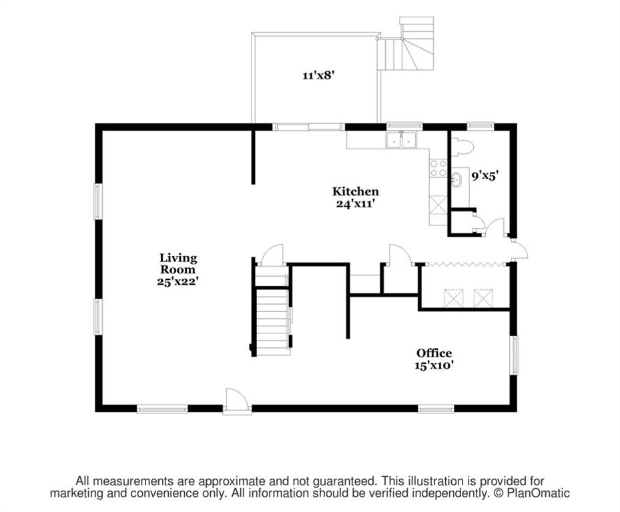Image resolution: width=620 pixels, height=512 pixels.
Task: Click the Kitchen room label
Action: point(355,191)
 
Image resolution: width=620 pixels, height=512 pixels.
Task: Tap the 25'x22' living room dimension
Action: point(177,282)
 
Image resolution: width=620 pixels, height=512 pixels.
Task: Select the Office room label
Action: point(434,353)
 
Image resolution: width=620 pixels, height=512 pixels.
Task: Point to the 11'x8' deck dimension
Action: point(319,75)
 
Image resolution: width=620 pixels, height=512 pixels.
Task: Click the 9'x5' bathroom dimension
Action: point(484,176)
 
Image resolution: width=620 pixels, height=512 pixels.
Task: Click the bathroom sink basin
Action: point(456,180)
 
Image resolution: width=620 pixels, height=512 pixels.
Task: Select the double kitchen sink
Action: point(401,140)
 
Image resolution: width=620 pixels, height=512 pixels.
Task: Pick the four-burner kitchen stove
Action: point(438,168)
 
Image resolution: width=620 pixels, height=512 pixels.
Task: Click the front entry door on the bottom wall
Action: point(237,401)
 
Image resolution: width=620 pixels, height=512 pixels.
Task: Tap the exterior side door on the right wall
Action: point(520,250)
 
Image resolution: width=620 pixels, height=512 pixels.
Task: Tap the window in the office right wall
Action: point(514,355)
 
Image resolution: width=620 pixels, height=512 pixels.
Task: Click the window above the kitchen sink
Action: point(404,126)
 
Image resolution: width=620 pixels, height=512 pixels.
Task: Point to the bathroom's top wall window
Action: point(481,126)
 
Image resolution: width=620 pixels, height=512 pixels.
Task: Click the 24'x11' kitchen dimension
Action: point(355,204)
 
